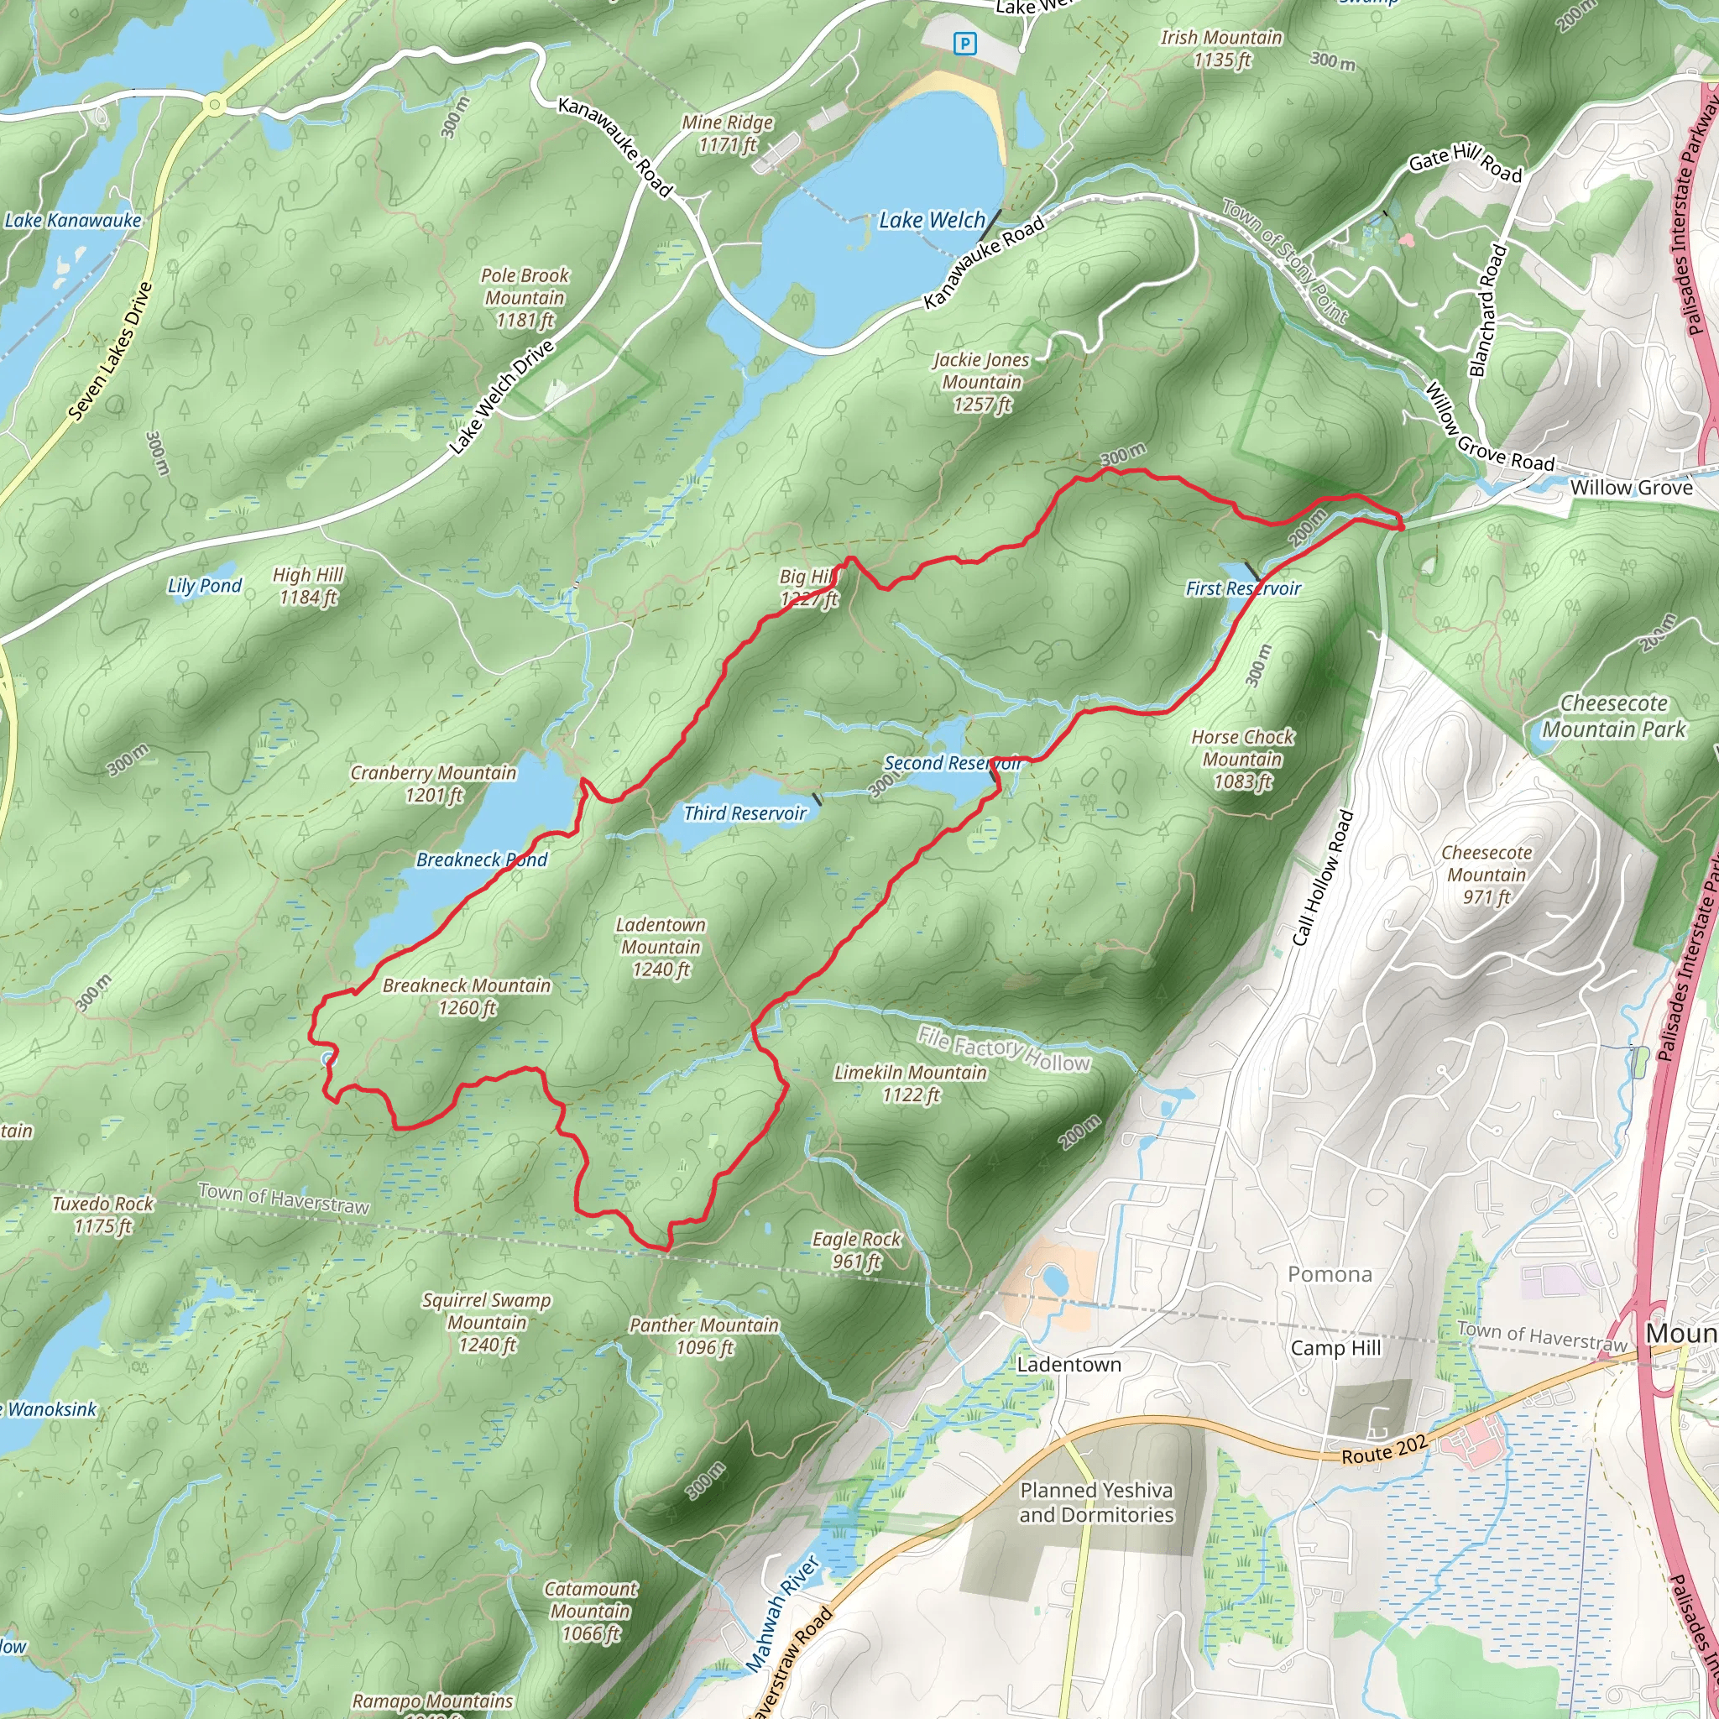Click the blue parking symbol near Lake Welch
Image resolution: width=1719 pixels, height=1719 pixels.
pyautogui.click(x=964, y=44)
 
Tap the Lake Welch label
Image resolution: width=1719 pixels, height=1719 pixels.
pyautogui.click(x=932, y=220)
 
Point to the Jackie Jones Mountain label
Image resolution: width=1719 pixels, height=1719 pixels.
pyautogui.click(x=981, y=382)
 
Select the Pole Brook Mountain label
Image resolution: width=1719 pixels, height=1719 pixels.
pyautogui.click(x=524, y=297)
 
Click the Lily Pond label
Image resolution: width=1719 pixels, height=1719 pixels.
pyautogui.click(x=205, y=586)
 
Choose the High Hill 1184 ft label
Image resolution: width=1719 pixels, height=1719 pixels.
pyautogui.click(x=308, y=586)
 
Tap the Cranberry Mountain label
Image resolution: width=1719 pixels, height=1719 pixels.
pyautogui.click(x=433, y=783)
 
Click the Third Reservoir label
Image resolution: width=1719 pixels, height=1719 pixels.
pyautogui.click(x=745, y=812)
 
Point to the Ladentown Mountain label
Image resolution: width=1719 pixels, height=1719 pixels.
pyautogui.click(x=661, y=947)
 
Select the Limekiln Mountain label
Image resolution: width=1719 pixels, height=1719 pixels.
pyautogui.click(x=910, y=1083)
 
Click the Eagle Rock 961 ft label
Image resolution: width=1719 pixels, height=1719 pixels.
pyautogui.click(x=856, y=1249)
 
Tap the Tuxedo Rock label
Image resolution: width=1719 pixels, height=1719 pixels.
pyautogui.click(x=103, y=1215)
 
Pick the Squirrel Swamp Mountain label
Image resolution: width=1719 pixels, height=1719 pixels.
pyautogui.click(x=487, y=1322)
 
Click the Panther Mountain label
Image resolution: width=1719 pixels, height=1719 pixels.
pyautogui.click(x=703, y=1335)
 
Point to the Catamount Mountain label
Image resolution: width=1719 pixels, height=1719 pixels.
pyautogui.click(x=591, y=1611)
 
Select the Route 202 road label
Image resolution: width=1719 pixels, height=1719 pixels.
pyautogui.click(x=1383, y=1450)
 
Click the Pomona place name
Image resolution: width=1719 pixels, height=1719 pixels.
pyautogui.click(x=1330, y=1274)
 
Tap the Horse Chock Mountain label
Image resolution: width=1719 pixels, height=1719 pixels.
pyautogui.click(x=1242, y=759)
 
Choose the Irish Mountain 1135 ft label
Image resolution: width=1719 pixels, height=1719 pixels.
pyautogui.click(x=1220, y=48)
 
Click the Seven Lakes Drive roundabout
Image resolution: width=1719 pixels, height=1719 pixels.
pyautogui.click(x=213, y=105)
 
